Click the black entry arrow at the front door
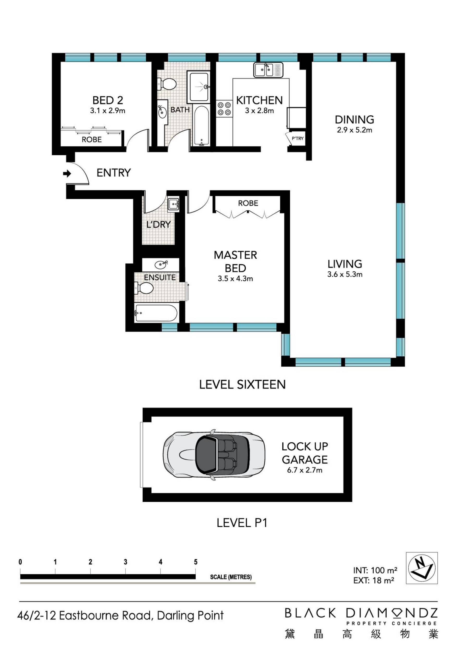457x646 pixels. point(67,174)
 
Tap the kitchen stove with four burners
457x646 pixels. point(224,109)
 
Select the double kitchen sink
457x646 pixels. point(268,70)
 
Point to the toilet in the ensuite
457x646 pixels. point(144,288)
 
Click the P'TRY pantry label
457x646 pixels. point(297,138)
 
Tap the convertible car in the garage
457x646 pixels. point(214,455)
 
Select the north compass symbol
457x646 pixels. point(422,568)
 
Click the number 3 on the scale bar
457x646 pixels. point(125,562)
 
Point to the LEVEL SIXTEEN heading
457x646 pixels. point(242,384)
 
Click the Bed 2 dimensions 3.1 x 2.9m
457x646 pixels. point(107,111)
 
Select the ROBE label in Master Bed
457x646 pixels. point(248,203)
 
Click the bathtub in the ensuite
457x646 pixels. point(156,313)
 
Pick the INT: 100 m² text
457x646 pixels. point(375,570)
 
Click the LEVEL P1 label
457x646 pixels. point(242,523)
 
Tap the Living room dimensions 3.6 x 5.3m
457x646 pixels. point(345,274)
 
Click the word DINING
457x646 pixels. point(354,120)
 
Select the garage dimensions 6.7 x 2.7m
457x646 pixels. point(305,470)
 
